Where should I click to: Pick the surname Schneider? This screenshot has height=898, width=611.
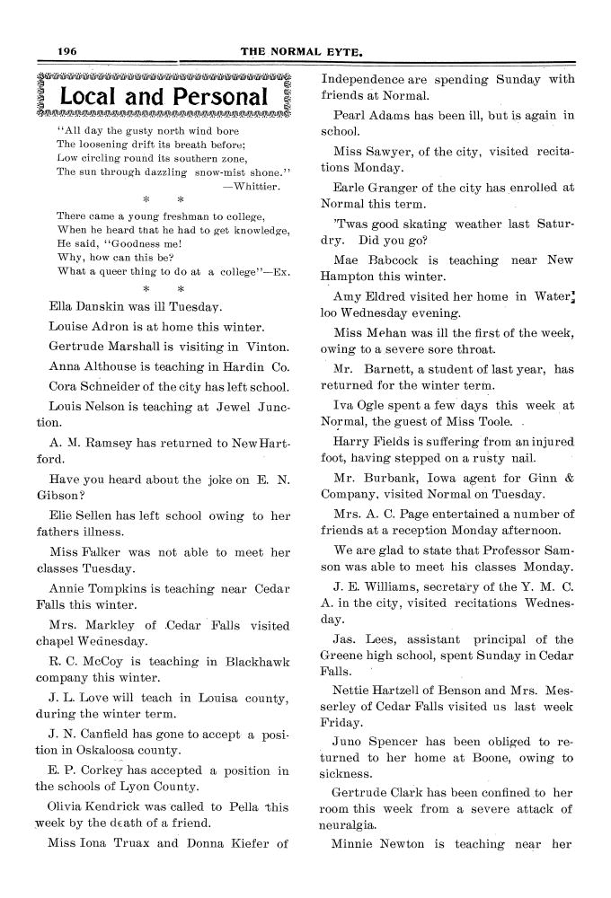(118, 387)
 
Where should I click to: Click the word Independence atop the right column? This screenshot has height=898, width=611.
(363, 79)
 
